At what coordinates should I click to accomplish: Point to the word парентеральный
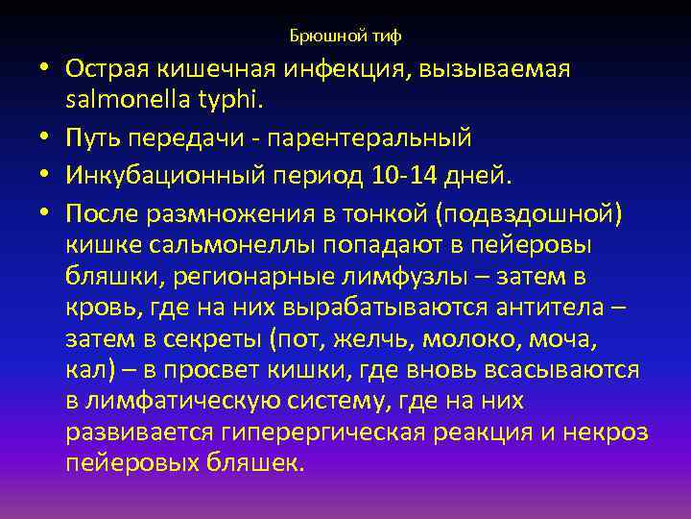(372, 139)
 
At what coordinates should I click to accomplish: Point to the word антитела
(544, 309)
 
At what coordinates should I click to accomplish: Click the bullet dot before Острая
(44, 69)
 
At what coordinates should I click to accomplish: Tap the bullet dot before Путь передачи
(44, 139)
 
